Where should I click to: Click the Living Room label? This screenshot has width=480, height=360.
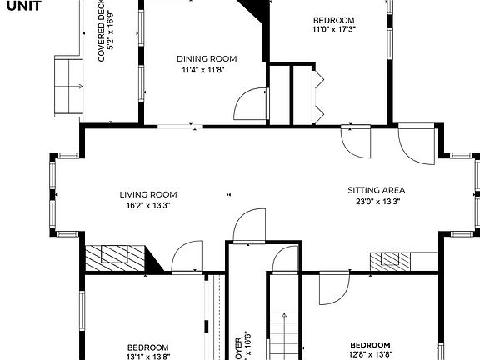(147, 194)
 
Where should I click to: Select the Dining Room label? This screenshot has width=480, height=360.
(207, 58)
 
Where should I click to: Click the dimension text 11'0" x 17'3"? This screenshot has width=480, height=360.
(333, 29)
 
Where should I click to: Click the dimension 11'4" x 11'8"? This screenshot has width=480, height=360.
(204, 69)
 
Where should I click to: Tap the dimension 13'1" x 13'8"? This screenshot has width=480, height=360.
(147, 356)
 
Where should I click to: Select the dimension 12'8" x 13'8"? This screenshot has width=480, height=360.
(369, 354)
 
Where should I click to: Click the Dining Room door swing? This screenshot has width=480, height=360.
(250, 106)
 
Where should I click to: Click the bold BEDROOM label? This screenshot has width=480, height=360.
(369, 345)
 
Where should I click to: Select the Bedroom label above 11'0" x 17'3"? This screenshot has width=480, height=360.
(333, 20)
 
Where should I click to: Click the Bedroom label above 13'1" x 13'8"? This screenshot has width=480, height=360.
(147, 347)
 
